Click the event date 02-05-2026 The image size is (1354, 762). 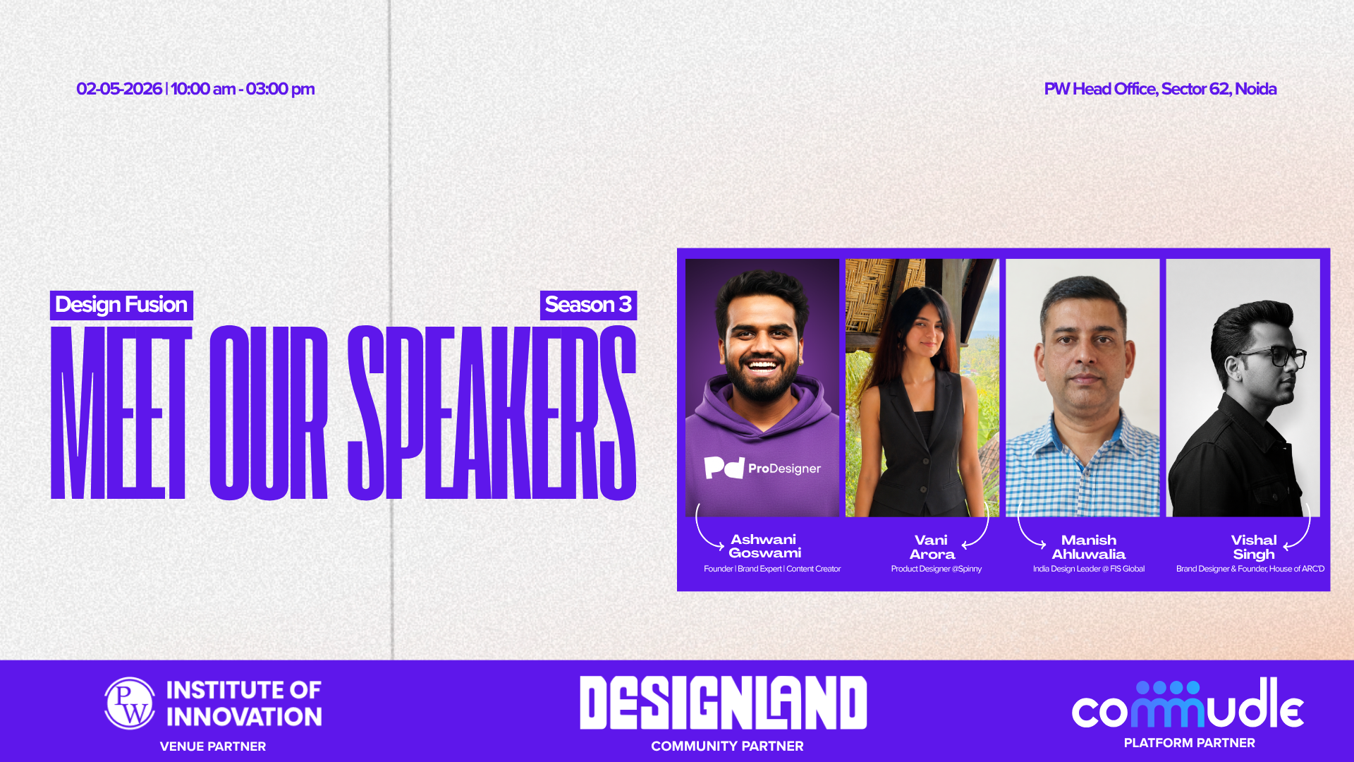click(x=119, y=89)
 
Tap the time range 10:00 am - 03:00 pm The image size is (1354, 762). click(x=243, y=89)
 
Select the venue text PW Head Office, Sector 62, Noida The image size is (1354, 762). click(x=1160, y=89)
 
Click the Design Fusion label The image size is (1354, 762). click(x=121, y=305)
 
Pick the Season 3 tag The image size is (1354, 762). click(x=588, y=305)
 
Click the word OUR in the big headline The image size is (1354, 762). click(x=269, y=413)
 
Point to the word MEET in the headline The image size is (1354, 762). click(x=121, y=413)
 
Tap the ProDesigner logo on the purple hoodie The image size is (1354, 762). click(x=762, y=468)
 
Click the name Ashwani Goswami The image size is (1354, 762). click(x=764, y=546)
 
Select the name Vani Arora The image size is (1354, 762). click(x=932, y=547)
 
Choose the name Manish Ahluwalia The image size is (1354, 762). click(x=1089, y=547)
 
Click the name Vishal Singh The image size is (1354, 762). click(x=1254, y=547)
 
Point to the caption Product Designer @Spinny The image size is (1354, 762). click(x=936, y=569)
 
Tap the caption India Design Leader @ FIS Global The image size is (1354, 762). click(x=1089, y=569)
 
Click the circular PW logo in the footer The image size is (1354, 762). click(x=130, y=703)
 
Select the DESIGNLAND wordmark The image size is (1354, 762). click(x=723, y=703)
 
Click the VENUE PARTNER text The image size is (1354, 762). click(x=213, y=746)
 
